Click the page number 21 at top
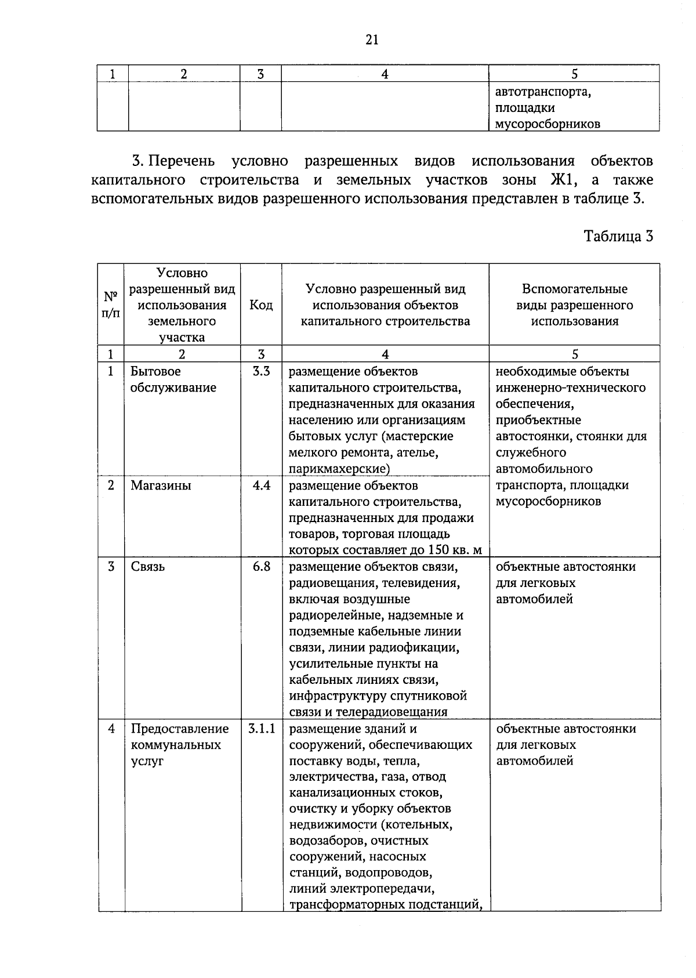(372, 39)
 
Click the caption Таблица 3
(618, 237)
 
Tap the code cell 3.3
(261, 372)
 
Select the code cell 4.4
(261, 486)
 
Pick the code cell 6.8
(261, 567)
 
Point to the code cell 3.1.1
(261, 729)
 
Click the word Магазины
(161, 486)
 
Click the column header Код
(261, 305)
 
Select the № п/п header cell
(111, 305)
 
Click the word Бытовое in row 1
(155, 372)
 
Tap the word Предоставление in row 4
(180, 729)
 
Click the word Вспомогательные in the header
(574, 289)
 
